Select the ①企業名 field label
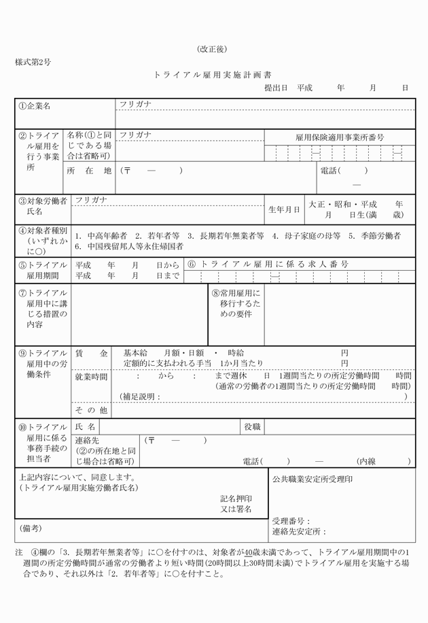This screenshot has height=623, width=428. click(35, 106)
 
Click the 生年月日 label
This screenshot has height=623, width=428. click(284, 209)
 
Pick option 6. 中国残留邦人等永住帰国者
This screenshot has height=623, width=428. click(129, 246)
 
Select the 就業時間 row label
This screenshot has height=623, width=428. click(91, 377)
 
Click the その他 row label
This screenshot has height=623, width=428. click(91, 410)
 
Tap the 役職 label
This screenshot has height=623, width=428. click(253, 426)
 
